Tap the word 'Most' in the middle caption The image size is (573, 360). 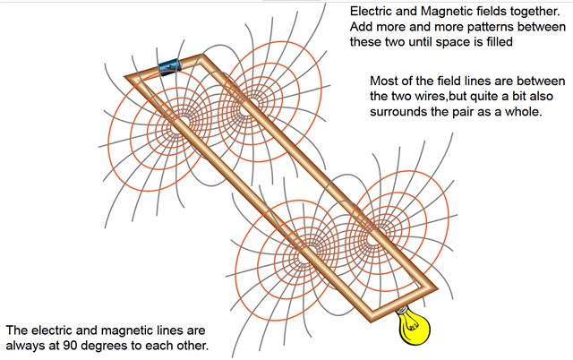pyautogui.click(x=385, y=79)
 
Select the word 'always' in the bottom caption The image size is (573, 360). pyautogui.click(x=27, y=345)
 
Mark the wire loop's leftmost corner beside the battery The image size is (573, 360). pyautogui.click(x=126, y=79)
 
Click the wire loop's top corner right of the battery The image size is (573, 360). pyautogui.click(x=205, y=58)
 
